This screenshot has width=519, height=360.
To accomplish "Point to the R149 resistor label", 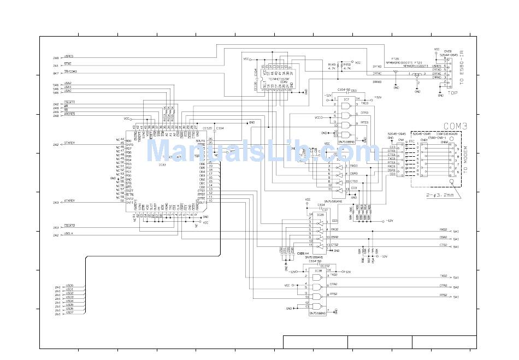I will [332, 64].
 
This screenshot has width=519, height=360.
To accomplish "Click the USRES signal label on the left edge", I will [69, 56].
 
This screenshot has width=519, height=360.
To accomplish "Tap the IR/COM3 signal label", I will [71, 72].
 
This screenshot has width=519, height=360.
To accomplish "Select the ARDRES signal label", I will [69, 114].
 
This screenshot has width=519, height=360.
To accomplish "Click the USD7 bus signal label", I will [69, 312].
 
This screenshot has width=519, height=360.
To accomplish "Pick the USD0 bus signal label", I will [69, 286].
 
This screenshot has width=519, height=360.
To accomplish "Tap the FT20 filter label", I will [395, 59].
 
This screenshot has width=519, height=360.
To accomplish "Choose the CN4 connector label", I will [400, 140].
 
